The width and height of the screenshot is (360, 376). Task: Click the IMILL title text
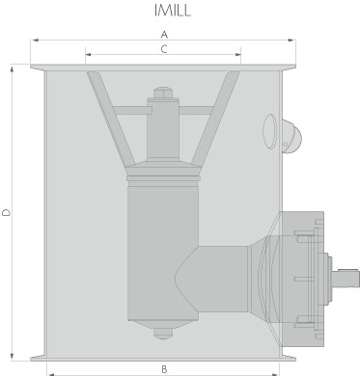[x=173, y=11]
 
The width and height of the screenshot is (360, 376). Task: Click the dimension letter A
[x=164, y=34]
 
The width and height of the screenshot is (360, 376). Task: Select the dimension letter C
[x=164, y=49]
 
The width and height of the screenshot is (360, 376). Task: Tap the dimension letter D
[x=7, y=212]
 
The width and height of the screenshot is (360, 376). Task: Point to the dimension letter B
[x=164, y=369]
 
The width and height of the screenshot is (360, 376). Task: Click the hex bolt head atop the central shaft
[x=163, y=93]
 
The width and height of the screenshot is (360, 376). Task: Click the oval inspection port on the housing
[x=270, y=131]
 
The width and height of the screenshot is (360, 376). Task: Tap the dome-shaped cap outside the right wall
[x=291, y=137]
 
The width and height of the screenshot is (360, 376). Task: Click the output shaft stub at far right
[x=346, y=278]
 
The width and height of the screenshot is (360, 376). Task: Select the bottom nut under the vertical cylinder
[x=163, y=334]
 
